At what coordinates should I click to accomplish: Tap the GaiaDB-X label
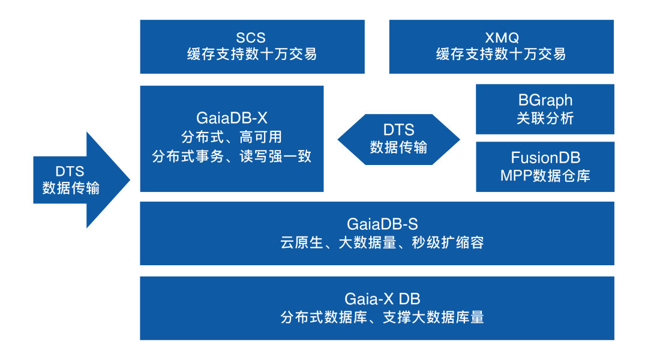[232, 118]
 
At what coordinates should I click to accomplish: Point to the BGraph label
[545, 100]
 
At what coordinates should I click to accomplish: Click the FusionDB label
[545, 158]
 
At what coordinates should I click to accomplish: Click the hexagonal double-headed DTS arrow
[398, 139]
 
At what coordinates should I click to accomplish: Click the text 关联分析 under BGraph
[545, 118]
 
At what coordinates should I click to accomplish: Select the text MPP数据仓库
[545, 176]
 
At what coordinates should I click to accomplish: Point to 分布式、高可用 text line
[232, 137]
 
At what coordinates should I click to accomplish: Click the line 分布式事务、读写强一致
[232, 156]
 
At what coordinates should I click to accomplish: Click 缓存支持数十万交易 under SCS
[252, 55]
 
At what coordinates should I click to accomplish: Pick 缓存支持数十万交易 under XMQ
[501, 55]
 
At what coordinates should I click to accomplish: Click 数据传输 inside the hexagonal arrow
[398, 147]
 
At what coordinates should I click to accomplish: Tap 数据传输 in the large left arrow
[71, 188]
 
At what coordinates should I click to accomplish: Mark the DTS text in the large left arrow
[71, 171]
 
